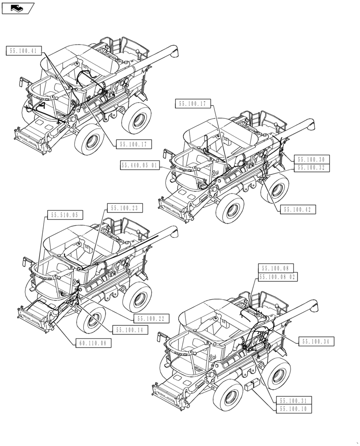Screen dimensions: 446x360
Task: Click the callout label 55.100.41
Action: coord(22,51)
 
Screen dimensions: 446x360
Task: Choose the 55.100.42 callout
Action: coord(297,209)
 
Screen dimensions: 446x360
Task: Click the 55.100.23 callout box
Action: coord(124,208)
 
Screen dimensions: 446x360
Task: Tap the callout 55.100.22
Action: coord(151,318)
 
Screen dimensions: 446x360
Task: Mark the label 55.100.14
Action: coord(130,330)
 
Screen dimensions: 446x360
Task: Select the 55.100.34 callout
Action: coord(318,342)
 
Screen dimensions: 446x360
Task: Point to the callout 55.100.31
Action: coord(293,401)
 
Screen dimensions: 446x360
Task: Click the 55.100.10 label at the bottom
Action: coord(293,409)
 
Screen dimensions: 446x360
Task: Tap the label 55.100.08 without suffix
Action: coord(275,268)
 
